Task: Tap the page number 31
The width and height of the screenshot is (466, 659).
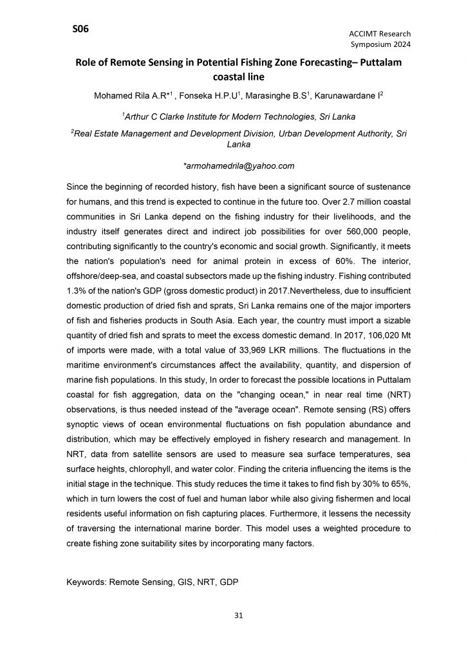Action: click(x=238, y=615)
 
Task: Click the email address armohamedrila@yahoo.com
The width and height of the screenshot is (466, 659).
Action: click(x=239, y=165)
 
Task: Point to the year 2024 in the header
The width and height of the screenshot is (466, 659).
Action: click(x=400, y=44)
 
